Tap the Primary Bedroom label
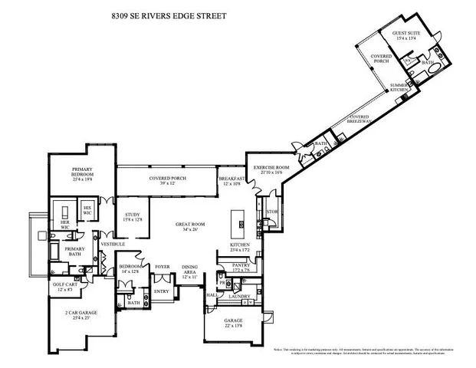pyautogui.click(x=82, y=172)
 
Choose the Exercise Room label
pyautogui.click(x=271, y=169)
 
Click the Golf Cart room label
pyautogui.click(x=64, y=286)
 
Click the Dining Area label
pyautogui.click(x=189, y=271)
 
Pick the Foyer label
pyautogui.click(x=162, y=267)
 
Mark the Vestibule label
pyautogui.click(x=113, y=244)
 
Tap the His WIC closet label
pyautogui.click(x=87, y=210)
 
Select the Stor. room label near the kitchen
pyautogui.click(x=271, y=212)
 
